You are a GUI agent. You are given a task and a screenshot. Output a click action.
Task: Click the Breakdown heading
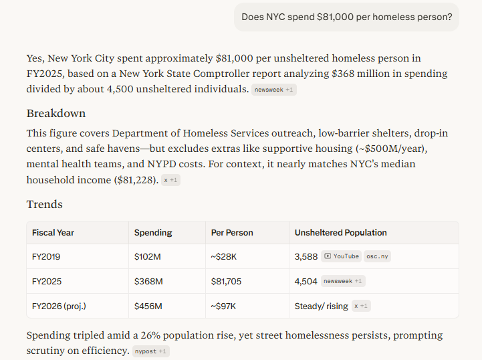pyautogui.click(x=56, y=113)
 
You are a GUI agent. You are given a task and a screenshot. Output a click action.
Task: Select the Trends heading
pyautogui.click(x=45, y=204)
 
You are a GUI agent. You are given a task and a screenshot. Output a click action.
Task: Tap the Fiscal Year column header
pyautogui.click(x=53, y=233)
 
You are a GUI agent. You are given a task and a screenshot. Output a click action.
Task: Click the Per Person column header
pyautogui.click(x=232, y=233)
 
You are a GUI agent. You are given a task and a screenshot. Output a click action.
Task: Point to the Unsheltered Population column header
pyautogui.click(x=340, y=233)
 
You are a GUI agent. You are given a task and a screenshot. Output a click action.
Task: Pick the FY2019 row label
pyautogui.click(x=46, y=256)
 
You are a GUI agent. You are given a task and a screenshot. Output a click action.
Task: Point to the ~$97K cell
pyautogui.click(x=223, y=306)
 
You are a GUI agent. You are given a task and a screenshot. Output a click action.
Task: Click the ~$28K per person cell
pyautogui.click(x=223, y=256)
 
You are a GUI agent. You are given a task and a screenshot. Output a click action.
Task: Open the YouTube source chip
pyautogui.click(x=342, y=256)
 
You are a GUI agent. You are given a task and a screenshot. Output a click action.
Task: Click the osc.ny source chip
pyautogui.click(x=377, y=256)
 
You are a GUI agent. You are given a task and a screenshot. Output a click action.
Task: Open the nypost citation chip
pyautogui.click(x=150, y=351)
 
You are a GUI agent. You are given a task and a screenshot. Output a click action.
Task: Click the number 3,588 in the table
pyautogui.click(x=306, y=256)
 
